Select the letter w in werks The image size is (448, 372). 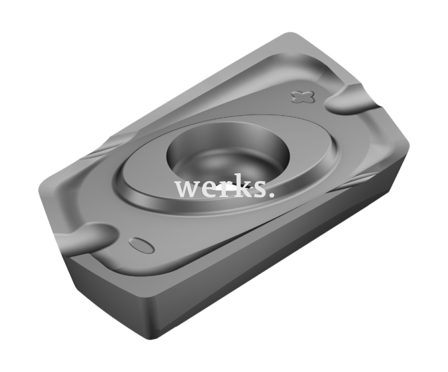point(186,188)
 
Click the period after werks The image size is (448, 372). point(269,195)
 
